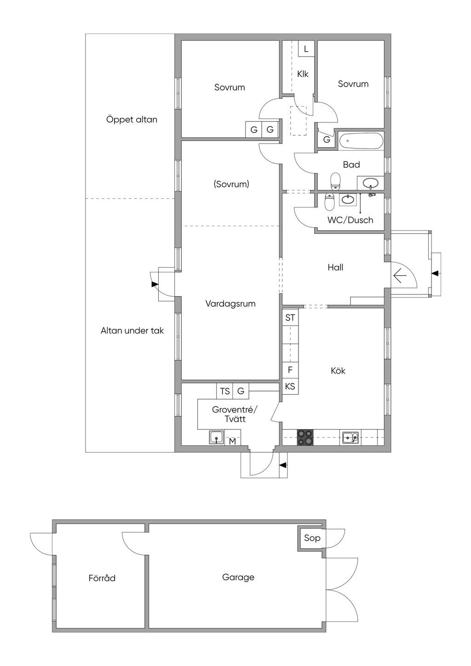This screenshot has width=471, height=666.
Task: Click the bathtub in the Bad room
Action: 361,141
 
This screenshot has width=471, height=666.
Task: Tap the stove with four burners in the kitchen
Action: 305,437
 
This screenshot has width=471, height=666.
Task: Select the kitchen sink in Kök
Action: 350,437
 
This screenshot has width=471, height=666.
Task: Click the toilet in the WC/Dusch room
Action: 329,201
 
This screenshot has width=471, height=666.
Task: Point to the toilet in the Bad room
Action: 335,181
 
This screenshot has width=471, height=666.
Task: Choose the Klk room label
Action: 303,74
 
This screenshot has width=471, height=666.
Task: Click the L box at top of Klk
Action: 306,48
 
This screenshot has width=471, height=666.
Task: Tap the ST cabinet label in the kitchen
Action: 290,317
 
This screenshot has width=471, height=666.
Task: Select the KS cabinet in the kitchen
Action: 290,386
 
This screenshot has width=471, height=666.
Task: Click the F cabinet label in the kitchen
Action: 290,370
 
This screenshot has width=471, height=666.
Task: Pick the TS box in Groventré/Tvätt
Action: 225,391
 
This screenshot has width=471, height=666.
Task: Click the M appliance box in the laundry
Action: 233,441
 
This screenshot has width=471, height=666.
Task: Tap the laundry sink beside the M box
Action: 217,437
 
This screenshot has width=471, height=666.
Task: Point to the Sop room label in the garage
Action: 312,538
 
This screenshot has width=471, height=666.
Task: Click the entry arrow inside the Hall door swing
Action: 400,276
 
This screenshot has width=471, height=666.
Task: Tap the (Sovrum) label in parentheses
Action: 231,184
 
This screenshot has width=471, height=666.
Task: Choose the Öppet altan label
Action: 132,120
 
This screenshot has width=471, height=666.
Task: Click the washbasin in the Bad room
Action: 370,183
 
